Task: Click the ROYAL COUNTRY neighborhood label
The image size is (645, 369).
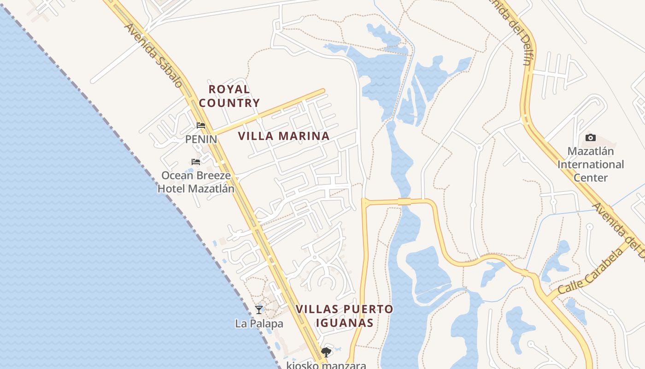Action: pos(229,96)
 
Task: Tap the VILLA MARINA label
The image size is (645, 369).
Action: pos(284,136)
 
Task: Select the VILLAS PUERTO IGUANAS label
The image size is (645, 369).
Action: pos(345,315)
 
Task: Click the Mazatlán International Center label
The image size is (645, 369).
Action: pos(591,164)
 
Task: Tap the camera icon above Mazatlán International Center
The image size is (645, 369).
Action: pos(591,137)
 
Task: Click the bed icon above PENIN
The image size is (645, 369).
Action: pos(201,125)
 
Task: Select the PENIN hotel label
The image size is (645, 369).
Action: pos(201,139)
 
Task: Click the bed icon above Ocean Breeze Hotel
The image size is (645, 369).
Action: pos(196,162)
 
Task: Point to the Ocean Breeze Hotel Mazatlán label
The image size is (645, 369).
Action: pos(196,182)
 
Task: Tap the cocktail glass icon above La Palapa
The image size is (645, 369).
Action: pos(259,310)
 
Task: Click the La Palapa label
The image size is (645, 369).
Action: pos(259,324)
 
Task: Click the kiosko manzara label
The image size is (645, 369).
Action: pos(326,365)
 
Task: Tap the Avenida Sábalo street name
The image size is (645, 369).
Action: pos(153,56)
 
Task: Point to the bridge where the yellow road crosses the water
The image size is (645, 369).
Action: pos(404,201)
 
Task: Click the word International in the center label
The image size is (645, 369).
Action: pos(591,164)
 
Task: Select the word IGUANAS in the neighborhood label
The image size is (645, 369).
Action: pos(345,322)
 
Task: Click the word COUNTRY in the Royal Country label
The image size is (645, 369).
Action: pos(229,103)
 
